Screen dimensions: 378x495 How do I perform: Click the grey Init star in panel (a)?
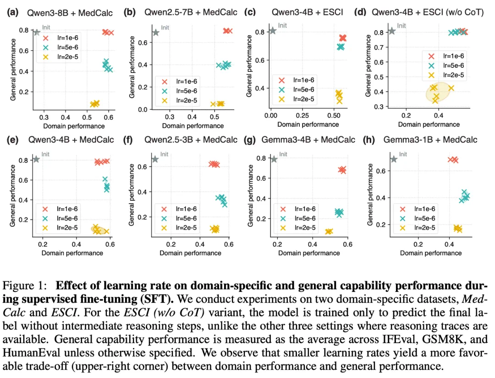(x=37, y=32)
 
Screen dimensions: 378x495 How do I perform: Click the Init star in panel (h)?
(x=394, y=159)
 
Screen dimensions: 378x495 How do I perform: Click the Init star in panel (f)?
(x=155, y=159)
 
